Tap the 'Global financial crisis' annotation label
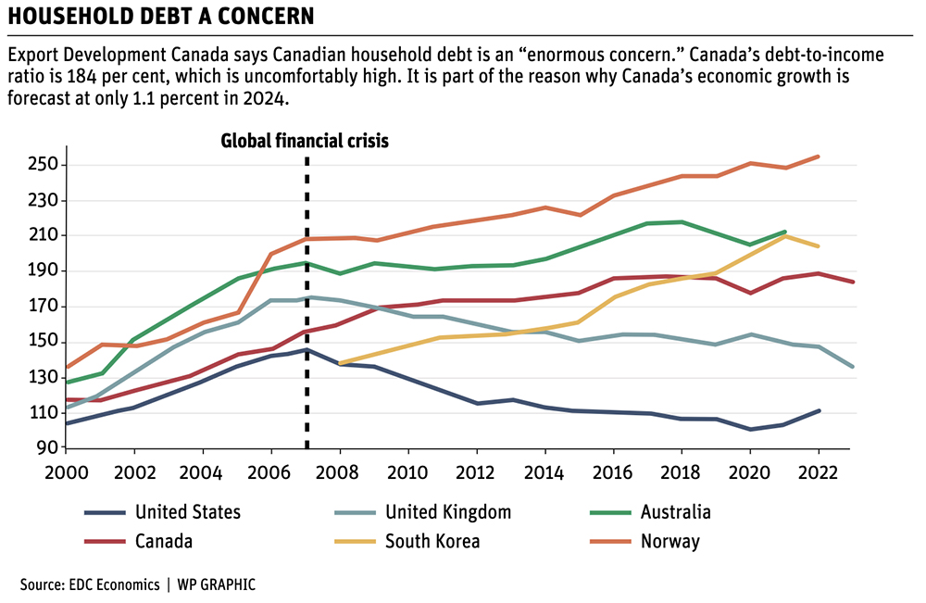(305, 141)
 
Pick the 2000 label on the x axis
(66, 471)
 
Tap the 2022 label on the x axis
(819, 471)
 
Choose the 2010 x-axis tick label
(408, 471)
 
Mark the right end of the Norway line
(819, 157)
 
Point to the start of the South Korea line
(340, 363)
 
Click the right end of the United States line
(819, 410)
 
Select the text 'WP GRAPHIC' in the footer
(218, 584)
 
